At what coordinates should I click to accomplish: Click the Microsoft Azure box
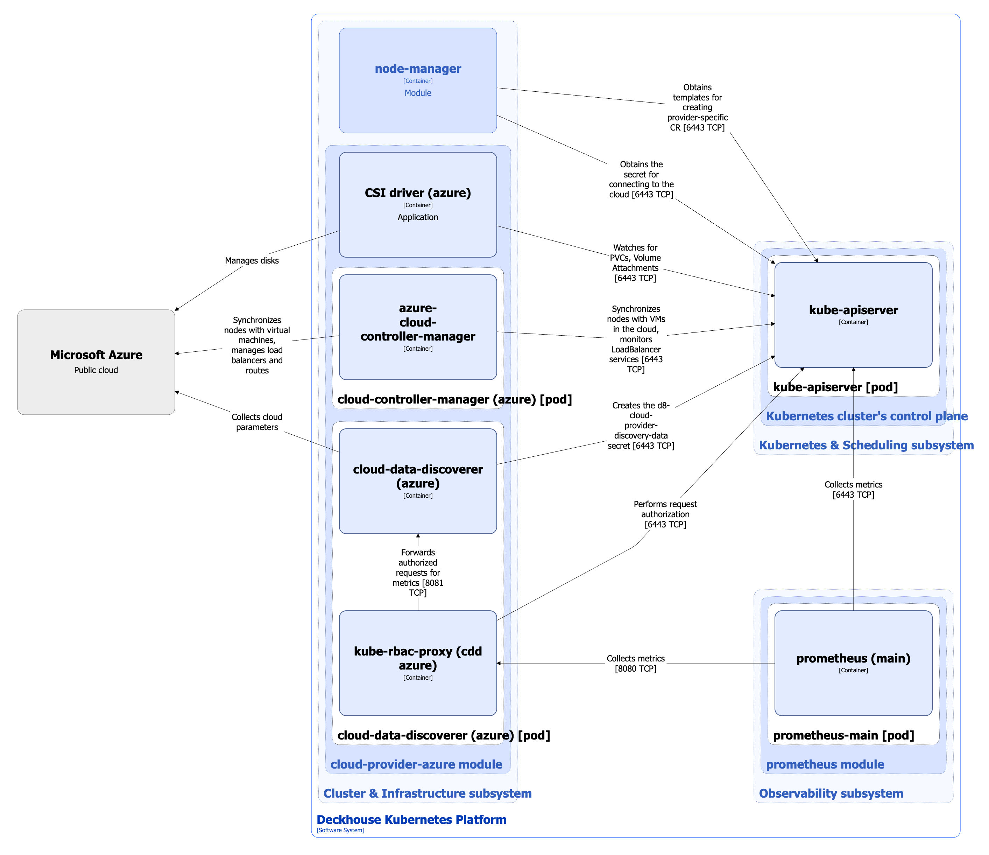[96, 362]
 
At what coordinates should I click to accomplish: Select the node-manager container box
[418, 80]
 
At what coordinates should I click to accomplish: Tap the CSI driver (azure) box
[418, 204]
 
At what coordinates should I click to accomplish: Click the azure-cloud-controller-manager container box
[418, 327]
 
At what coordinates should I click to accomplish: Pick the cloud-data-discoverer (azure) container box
[418, 481]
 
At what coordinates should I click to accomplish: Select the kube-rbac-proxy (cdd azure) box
[418, 663]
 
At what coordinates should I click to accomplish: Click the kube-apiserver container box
[853, 315]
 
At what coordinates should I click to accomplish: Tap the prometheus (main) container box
[853, 663]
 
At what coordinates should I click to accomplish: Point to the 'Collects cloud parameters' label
[257, 422]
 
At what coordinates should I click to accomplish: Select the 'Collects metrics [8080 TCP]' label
[635, 663]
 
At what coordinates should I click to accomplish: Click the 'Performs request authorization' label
[665, 514]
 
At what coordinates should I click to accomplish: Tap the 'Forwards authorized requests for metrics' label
[418, 572]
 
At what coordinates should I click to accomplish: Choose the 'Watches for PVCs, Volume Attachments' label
[635, 262]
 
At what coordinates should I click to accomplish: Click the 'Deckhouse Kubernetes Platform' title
[411, 820]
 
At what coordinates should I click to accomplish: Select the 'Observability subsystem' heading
[831, 793]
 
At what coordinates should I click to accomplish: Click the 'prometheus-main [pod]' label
[843, 735]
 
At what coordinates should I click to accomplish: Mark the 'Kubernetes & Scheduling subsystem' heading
[866, 445]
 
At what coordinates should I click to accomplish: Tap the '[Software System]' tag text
[340, 830]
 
